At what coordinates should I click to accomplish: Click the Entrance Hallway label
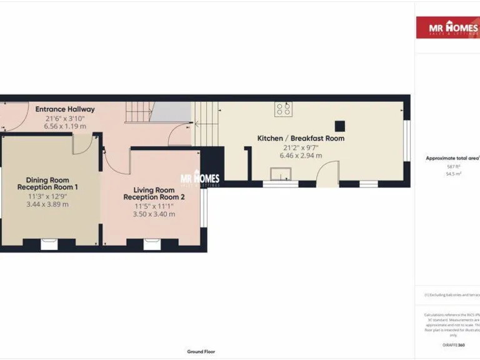click(x=65, y=109)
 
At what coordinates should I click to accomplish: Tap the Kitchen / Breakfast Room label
click(x=301, y=138)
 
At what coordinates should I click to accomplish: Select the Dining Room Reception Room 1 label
click(x=47, y=183)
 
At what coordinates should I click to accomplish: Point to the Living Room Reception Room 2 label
click(x=154, y=194)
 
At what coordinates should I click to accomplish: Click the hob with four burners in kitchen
click(x=283, y=109)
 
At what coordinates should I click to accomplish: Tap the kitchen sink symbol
click(x=276, y=173)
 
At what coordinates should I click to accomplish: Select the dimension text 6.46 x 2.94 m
click(x=301, y=156)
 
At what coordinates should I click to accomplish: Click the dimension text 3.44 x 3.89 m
click(x=47, y=204)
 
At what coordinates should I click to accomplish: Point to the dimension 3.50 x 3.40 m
click(x=154, y=214)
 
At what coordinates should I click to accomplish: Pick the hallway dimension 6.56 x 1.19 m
click(x=65, y=126)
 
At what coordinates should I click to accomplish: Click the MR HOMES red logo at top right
click(x=447, y=28)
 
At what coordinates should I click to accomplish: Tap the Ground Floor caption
click(x=201, y=352)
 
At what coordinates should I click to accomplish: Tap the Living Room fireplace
click(x=151, y=244)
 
